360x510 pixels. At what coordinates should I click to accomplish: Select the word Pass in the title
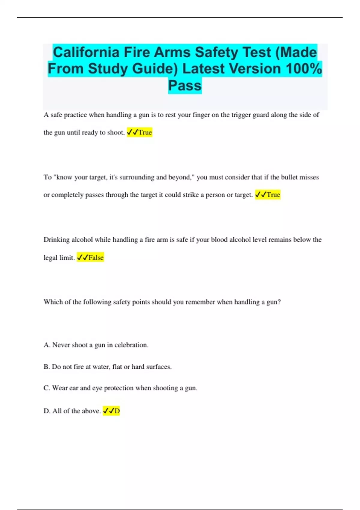point(185,85)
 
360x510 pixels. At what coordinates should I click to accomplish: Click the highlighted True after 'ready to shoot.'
point(145,132)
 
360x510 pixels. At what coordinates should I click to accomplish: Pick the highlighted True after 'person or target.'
point(273,195)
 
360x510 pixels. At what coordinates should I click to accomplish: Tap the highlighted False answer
point(96,258)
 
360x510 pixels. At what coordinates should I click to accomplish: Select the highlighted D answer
point(117,411)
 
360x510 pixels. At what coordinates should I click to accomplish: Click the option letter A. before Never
point(47,345)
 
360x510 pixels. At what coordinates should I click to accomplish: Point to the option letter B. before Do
point(47,367)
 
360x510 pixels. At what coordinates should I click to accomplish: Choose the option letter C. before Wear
point(47,388)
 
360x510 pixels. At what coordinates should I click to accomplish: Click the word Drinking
point(56,240)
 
